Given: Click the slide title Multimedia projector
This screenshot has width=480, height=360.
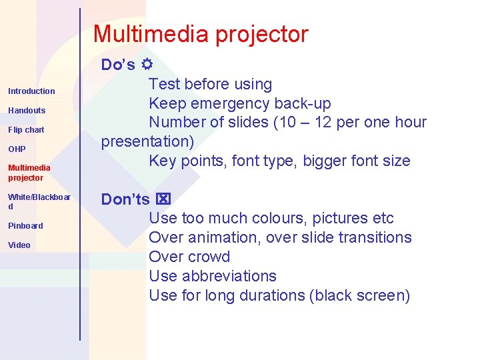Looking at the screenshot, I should click(201, 34).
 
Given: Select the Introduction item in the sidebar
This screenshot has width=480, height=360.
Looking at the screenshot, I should click(31, 91).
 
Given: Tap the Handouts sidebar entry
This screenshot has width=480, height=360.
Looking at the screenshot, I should click(27, 111).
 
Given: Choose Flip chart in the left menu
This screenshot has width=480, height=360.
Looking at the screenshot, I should click(26, 130).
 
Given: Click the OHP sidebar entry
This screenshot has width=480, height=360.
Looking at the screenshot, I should click(17, 149).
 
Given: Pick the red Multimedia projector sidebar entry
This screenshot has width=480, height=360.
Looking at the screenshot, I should click(29, 173).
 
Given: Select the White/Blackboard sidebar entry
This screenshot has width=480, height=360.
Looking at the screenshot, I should click(39, 201).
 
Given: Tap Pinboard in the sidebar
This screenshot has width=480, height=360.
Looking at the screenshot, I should click(25, 226).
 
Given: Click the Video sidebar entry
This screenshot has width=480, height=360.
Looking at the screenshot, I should click(19, 245).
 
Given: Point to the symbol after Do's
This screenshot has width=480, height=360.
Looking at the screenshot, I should click(147, 65).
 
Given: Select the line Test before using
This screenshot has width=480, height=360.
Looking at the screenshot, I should click(210, 85).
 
